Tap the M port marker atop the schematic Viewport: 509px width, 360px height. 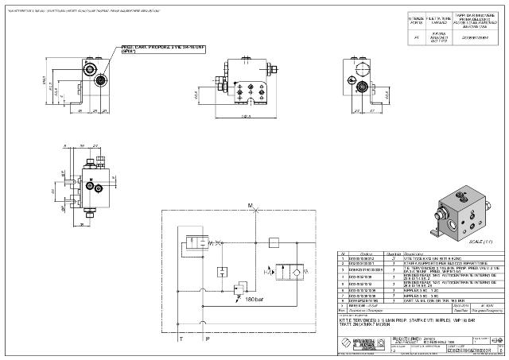click(250, 206)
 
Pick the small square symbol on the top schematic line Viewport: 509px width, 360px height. click(270, 243)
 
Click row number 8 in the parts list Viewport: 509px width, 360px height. click(342, 301)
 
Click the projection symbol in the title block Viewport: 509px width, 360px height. click(497, 339)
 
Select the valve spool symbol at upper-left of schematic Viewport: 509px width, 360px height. click(193, 240)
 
